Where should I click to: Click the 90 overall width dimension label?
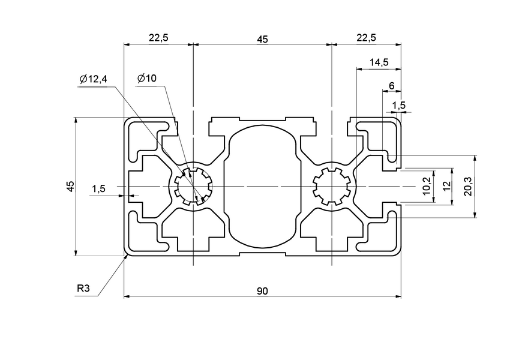click(262, 291)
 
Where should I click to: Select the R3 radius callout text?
click(83, 289)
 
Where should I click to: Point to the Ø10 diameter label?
click(146, 78)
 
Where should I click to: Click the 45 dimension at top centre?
click(262, 39)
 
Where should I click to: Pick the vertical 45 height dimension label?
click(70, 186)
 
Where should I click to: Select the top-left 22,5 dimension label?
click(158, 38)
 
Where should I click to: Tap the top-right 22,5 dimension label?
click(365, 38)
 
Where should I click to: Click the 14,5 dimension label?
click(379, 62)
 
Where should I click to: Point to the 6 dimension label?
click(391, 86)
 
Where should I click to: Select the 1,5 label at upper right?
click(398, 106)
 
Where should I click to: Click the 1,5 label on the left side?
click(98, 188)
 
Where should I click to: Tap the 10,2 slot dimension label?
click(427, 187)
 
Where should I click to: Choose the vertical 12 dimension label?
click(446, 187)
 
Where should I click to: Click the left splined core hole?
click(193, 187)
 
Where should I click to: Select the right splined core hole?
click(331, 187)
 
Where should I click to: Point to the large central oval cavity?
click(262, 186)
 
